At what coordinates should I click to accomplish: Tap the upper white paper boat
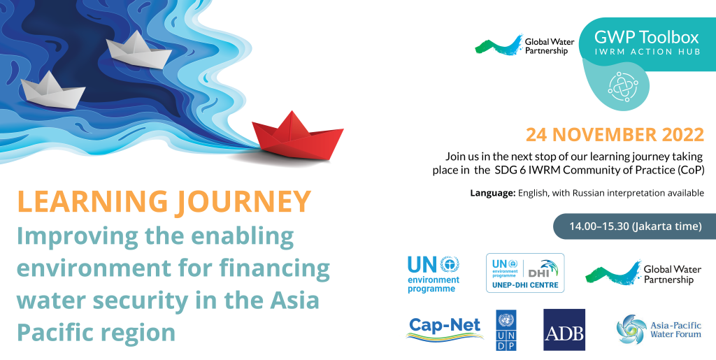pos(138,50)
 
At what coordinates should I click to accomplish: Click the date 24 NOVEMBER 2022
pos(615,135)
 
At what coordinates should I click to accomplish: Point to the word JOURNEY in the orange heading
pos(244,202)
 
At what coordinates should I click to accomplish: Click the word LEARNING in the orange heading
pos(93,202)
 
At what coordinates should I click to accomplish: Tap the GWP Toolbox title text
pos(647,36)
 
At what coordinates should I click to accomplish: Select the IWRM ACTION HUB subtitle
pos(647,52)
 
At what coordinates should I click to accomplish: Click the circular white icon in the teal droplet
pos(623,86)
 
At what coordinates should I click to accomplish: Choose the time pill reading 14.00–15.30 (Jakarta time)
pos(635,226)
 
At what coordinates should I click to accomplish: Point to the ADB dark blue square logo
pos(564,330)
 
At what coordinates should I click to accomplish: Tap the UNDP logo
pos(506,331)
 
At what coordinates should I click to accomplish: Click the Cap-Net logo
pos(445,329)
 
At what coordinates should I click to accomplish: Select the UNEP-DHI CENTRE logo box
pos(525,273)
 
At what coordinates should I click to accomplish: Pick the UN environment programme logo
pos(434,274)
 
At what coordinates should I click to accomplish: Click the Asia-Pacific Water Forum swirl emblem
pos(631,329)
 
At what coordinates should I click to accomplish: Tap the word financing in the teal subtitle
pos(274,268)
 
